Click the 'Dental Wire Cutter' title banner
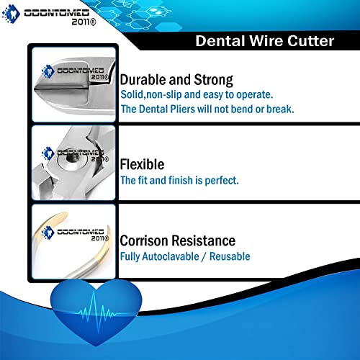point(264,41)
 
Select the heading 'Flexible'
point(142,164)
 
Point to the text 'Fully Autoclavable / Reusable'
point(184,256)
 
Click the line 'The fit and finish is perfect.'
point(179,180)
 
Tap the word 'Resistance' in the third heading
point(208,240)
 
